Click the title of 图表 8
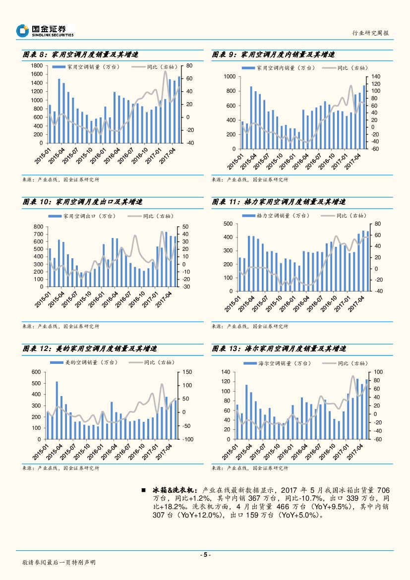(80, 55)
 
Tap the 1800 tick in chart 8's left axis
(36, 66)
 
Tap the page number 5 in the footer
(205, 555)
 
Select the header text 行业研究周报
(370, 33)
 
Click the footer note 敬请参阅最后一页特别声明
(59, 563)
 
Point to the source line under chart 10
(61, 326)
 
